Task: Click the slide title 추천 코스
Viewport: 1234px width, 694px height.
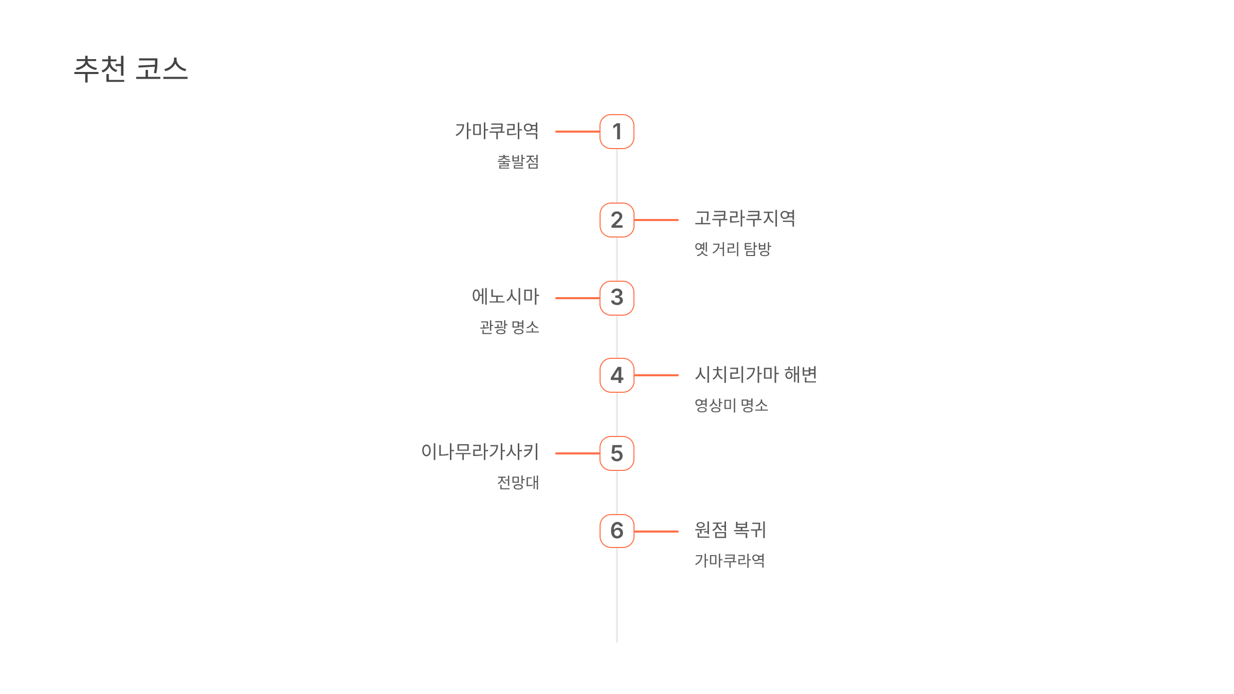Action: click(131, 69)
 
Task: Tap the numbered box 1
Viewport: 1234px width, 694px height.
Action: click(616, 132)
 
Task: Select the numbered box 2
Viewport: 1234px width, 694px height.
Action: click(616, 220)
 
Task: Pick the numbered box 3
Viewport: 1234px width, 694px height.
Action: click(616, 298)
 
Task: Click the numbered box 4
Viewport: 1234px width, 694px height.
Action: click(616, 375)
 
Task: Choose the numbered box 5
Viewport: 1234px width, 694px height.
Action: click(616, 453)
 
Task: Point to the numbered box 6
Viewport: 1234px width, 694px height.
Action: click(616, 531)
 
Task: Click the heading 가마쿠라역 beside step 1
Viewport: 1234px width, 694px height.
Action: click(497, 131)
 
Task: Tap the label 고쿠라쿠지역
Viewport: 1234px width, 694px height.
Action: click(745, 218)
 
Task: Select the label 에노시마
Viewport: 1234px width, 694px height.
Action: click(505, 297)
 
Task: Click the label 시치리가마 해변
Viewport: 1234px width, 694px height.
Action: click(756, 374)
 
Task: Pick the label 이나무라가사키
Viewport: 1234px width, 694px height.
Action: click(480, 451)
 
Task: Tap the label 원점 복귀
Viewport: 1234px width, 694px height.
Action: click(730, 529)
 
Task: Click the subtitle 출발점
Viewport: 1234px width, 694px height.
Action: click(518, 162)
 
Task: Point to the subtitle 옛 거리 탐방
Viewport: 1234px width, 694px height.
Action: click(733, 249)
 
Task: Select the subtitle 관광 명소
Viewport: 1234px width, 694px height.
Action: click(509, 327)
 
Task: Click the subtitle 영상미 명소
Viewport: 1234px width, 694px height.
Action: click(731, 405)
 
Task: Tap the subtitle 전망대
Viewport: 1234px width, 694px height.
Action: click(518, 483)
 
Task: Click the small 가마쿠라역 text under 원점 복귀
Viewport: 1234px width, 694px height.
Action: click(730, 560)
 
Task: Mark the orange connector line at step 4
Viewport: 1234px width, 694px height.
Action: click(657, 375)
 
